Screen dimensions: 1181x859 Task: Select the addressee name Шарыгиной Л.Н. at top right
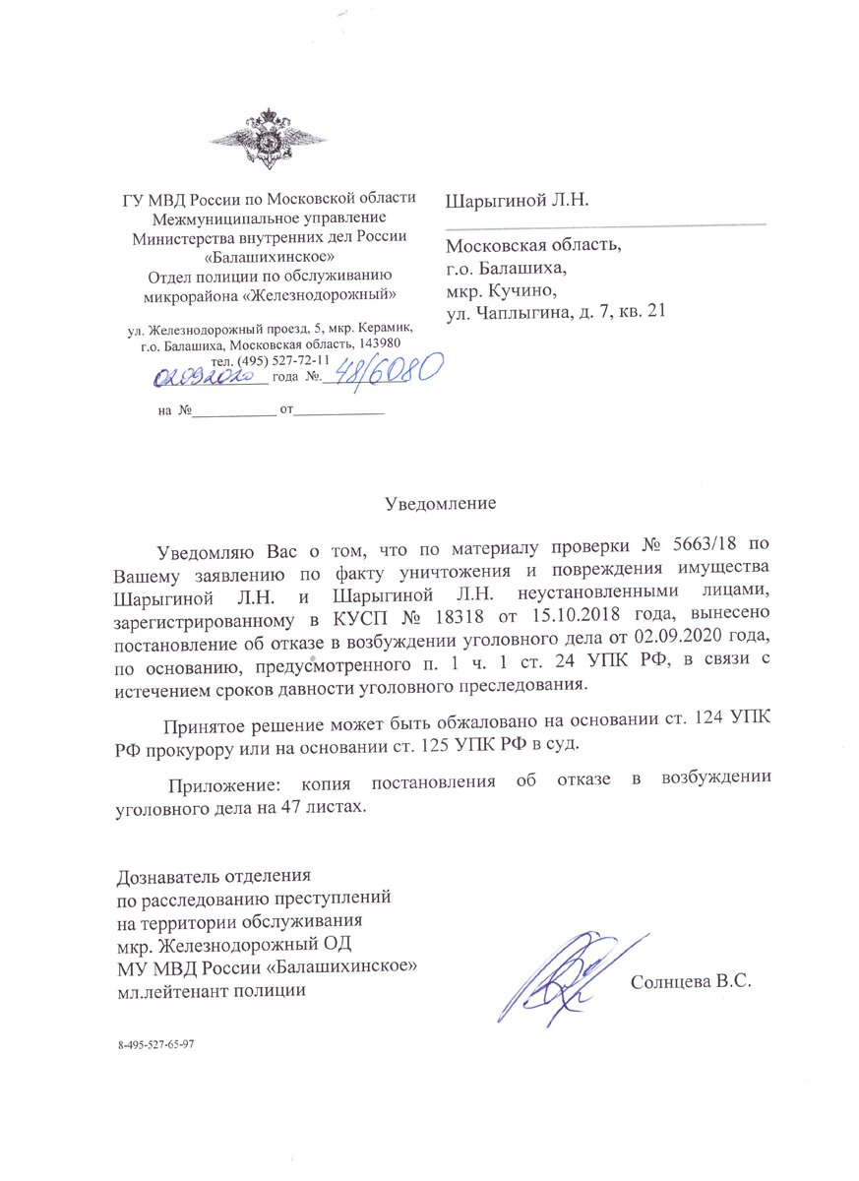[517, 201]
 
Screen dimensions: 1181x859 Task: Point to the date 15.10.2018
[555, 619]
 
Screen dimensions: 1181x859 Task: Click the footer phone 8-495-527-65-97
[155, 1042]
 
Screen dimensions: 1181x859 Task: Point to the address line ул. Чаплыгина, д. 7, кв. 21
[557, 312]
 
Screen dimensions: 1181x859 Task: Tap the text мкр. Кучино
[501, 288]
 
